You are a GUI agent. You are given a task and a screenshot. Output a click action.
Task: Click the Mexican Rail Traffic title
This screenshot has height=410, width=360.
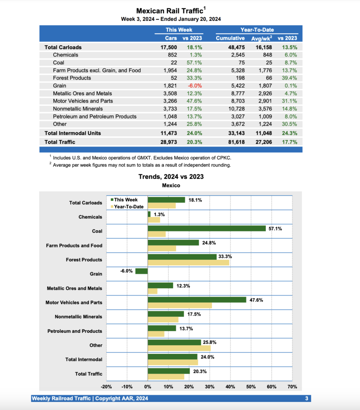(170, 11)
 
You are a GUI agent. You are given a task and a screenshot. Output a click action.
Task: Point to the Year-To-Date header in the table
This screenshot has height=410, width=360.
(257, 30)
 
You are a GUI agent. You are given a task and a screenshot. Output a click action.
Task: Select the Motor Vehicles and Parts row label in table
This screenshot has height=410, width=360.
(83, 101)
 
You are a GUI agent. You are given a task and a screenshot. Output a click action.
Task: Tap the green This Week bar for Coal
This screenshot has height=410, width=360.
(207, 228)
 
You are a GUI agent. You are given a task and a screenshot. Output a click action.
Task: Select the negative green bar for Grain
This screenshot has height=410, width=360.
(141, 271)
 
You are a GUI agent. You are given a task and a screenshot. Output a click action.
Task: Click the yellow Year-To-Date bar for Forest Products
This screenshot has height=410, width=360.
(188, 263)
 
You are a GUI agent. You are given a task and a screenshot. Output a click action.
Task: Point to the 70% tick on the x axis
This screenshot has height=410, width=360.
(292, 387)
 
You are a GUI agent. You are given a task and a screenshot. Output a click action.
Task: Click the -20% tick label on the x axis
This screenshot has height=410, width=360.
(106, 387)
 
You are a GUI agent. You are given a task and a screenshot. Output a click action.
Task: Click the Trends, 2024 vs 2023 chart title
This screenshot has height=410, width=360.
(171, 177)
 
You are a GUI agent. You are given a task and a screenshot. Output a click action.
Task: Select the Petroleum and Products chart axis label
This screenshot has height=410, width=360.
(74, 331)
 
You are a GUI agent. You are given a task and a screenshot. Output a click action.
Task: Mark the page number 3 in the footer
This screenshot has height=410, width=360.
(306, 398)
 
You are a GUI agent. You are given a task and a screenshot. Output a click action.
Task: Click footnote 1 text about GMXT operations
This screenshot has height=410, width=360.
(140, 157)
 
